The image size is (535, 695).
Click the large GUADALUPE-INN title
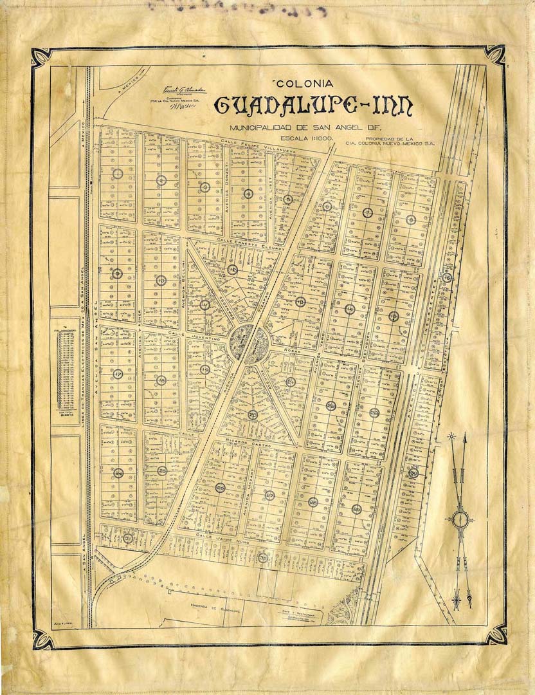pyautogui.click(x=313, y=106)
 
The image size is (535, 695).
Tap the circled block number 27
pyautogui.click(x=269, y=496)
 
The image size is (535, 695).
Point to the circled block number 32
pyautogui.click(x=262, y=557)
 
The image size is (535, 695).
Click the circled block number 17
pyautogui.click(x=118, y=374)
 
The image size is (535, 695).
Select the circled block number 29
pyautogui.click(x=356, y=509)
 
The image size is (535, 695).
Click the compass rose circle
pyautogui.click(x=460, y=519)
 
